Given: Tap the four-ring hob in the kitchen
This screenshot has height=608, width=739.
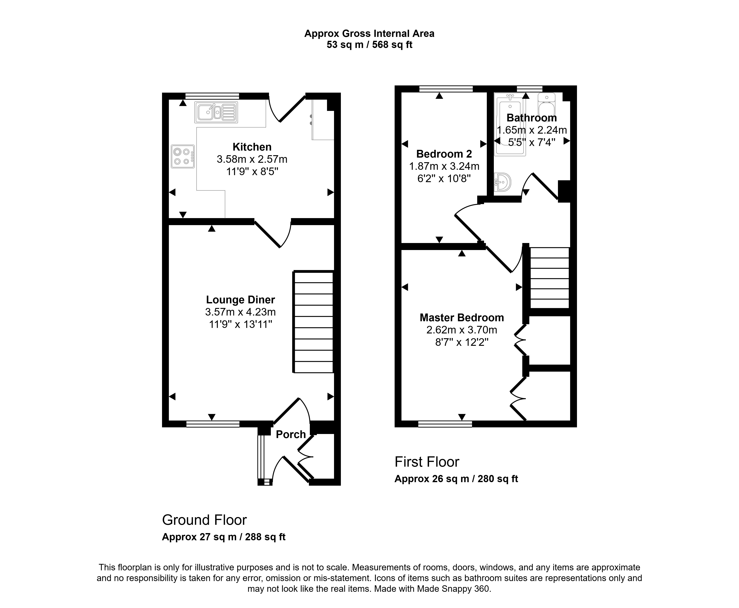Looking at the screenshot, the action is [x=183, y=156].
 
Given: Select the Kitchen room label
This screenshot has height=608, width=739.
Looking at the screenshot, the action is [x=252, y=147].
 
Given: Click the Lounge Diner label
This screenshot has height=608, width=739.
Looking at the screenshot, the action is [x=241, y=300].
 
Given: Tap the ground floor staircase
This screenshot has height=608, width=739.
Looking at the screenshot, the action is [x=313, y=321].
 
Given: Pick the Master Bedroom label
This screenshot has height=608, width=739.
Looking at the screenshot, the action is [x=462, y=318].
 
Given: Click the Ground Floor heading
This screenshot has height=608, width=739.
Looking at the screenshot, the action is [x=204, y=520].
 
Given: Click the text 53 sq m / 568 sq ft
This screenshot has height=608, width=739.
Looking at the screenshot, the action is [x=369, y=45].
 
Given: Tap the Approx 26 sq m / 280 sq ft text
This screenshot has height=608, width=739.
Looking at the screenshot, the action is [x=456, y=479].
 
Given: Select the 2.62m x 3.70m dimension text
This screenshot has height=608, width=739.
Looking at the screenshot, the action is [x=462, y=330].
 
